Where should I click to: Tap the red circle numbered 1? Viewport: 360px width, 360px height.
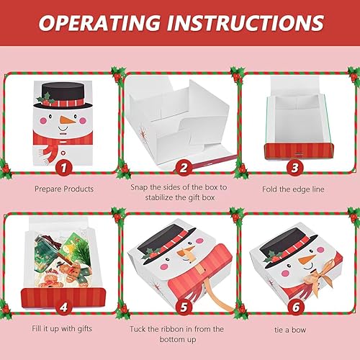tap(66, 168)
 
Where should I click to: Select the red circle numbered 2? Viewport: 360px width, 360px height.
tap(184, 168)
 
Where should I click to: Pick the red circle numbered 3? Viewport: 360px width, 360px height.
tap(294, 168)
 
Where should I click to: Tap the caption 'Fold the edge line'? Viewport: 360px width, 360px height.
tap(295, 188)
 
